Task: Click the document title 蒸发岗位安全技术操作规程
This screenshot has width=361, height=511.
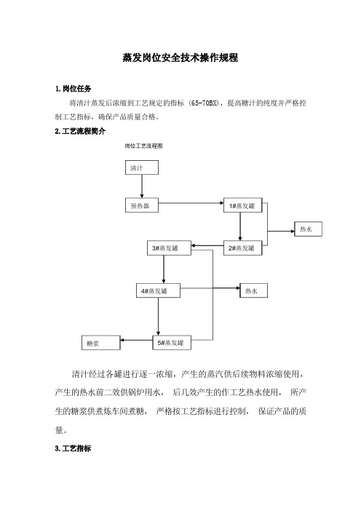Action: coord(180,58)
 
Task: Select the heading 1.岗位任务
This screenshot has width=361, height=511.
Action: coord(73,89)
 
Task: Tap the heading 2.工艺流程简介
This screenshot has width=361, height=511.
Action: coord(80,131)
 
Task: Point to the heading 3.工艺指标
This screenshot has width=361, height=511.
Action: coord(73,448)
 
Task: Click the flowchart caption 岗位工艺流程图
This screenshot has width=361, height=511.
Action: coord(143,146)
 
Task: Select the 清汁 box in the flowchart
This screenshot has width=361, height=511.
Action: coord(142,168)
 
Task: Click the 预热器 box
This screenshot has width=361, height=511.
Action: coord(142,205)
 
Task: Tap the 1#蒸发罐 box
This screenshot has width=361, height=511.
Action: coord(243,205)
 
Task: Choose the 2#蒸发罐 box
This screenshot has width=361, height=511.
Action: coord(243,248)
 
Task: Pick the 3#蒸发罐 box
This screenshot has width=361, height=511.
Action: coord(169,248)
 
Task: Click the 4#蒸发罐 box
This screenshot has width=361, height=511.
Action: coord(158,290)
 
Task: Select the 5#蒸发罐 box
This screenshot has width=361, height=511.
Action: coord(172,343)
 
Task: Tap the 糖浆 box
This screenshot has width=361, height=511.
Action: coord(100,343)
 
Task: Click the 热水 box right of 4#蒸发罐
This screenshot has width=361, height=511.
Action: coord(253,290)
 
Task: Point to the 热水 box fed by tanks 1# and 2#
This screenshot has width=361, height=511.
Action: coord(308,229)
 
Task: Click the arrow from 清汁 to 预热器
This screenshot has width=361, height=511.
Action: coord(142,186)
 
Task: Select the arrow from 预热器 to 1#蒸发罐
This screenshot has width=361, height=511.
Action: coord(191,203)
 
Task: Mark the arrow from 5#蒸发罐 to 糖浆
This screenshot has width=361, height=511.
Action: coord(137,340)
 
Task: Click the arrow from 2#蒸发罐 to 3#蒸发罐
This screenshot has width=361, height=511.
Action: coord(207,245)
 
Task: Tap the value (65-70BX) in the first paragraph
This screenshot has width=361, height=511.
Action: coord(205,103)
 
